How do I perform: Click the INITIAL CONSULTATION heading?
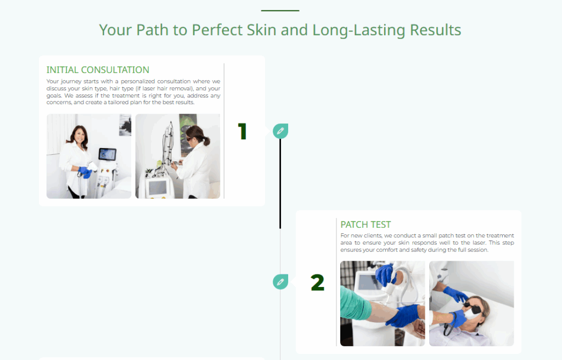(98, 70)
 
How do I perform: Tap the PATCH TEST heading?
(366, 224)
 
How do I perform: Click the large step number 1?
(242, 131)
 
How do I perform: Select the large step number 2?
(318, 282)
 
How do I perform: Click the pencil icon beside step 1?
(280, 131)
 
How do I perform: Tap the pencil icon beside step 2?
(280, 282)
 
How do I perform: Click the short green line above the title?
(280, 11)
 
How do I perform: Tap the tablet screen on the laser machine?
(108, 154)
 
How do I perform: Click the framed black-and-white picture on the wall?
(125, 125)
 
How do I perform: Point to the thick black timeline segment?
(280, 184)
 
